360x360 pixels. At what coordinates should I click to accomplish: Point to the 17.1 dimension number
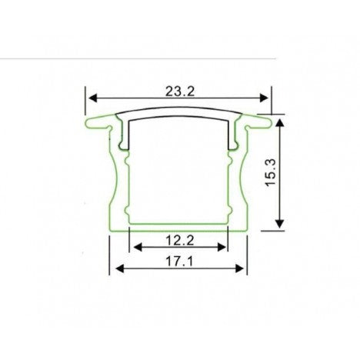[178, 261]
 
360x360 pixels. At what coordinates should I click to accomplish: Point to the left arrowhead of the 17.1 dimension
[119, 269]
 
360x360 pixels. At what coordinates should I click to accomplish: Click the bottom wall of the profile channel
[178, 227]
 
